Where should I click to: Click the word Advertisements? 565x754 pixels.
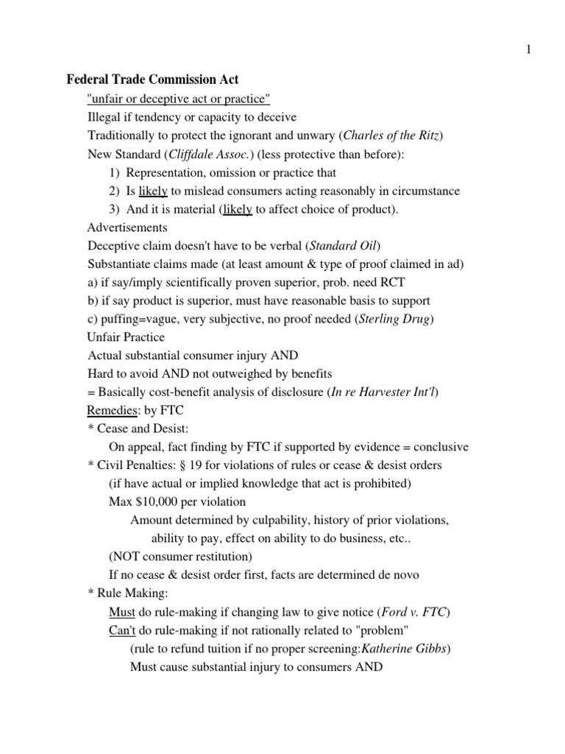(127, 228)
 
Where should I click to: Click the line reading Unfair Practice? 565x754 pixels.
(126, 337)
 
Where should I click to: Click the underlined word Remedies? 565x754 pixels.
(111, 410)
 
